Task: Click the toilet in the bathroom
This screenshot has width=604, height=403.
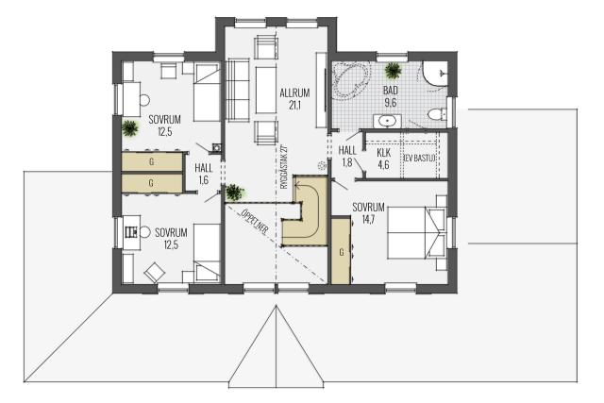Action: point(437,114)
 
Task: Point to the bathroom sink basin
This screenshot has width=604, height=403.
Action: point(386,121)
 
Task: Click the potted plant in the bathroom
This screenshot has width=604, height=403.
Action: point(393,71)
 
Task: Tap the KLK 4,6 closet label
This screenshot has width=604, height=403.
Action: point(383,159)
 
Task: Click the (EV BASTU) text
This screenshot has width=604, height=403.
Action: point(419,158)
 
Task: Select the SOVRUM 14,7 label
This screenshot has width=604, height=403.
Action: point(368,213)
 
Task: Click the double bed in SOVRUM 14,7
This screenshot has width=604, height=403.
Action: point(417,233)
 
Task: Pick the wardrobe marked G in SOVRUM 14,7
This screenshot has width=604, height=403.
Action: point(341,252)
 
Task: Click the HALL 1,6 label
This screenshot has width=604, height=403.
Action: point(204,174)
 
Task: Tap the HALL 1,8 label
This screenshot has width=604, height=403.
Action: point(347,156)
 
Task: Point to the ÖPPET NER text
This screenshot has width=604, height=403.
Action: point(255,221)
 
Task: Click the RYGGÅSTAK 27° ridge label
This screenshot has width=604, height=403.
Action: point(284,166)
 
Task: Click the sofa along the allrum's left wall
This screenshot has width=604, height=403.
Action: point(237,91)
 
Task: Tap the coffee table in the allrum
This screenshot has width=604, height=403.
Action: point(266,90)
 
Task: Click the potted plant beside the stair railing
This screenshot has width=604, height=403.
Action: point(235,192)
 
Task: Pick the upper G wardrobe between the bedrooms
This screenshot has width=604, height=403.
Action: point(152,161)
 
